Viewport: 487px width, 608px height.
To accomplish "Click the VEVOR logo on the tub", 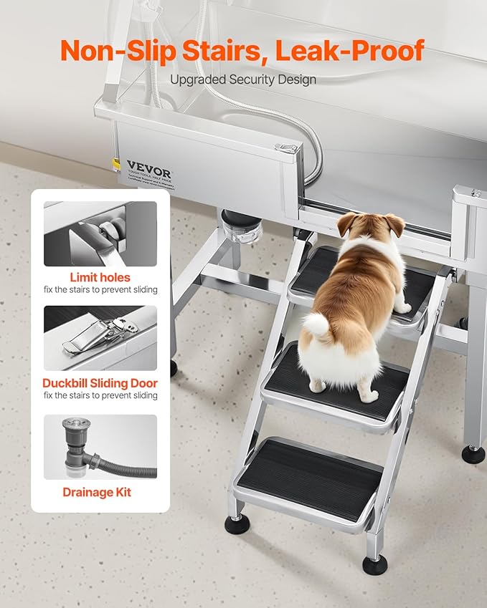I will tap(149, 168).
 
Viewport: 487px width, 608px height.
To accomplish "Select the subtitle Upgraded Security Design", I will tap(243, 79).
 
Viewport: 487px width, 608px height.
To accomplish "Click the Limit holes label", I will tap(100, 277).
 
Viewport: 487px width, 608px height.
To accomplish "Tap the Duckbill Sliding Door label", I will tap(100, 383).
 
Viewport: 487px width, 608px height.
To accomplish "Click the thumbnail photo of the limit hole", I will tap(100, 233).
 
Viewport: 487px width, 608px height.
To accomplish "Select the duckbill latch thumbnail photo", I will tap(100, 338).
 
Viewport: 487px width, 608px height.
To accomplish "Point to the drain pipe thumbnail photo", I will tap(100, 447).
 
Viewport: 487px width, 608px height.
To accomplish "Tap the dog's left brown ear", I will tap(347, 223).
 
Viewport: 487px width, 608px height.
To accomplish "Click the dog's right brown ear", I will tap(394, 225).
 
